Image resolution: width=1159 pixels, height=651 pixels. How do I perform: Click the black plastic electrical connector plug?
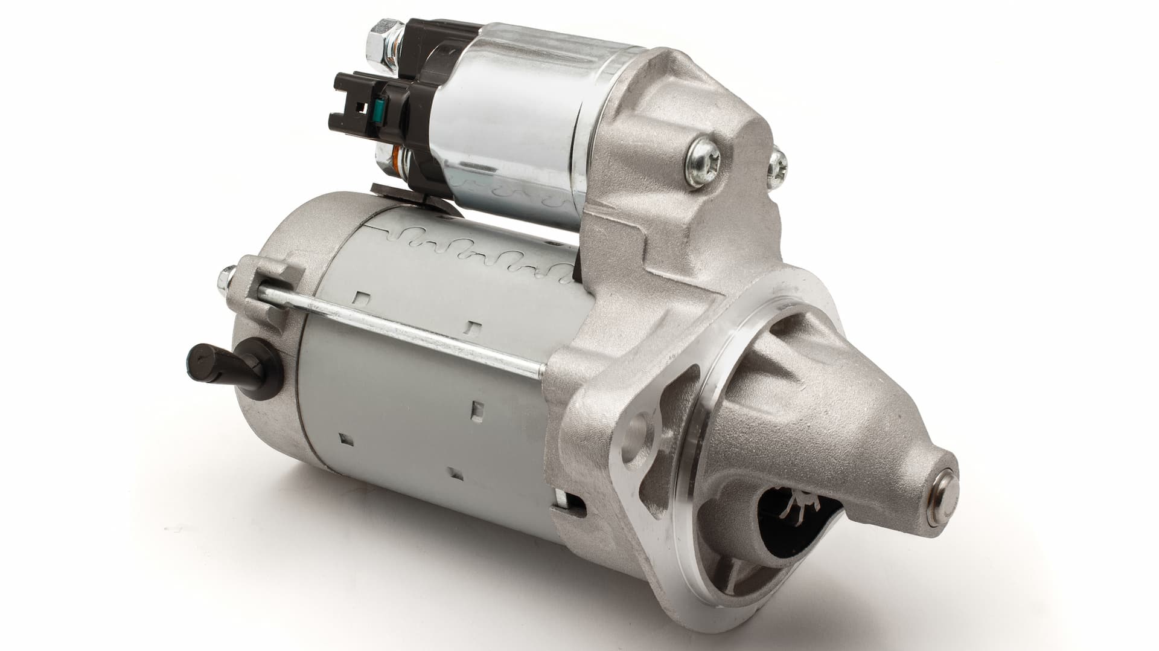(x=362, y=109)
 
